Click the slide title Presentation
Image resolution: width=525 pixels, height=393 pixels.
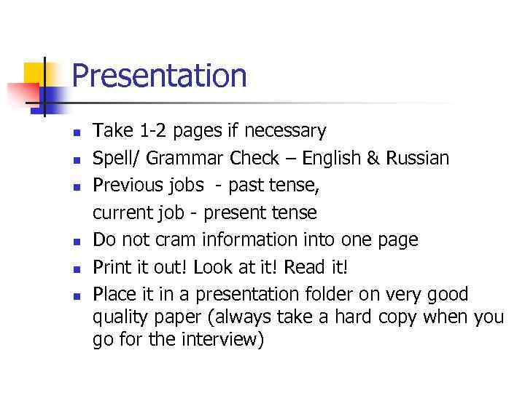pos(160,76)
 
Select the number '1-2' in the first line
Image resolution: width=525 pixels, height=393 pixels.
pos(152,131)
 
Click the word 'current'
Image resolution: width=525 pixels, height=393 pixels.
pos(120,213)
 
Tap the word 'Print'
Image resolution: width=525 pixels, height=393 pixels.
pos(109,267)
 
